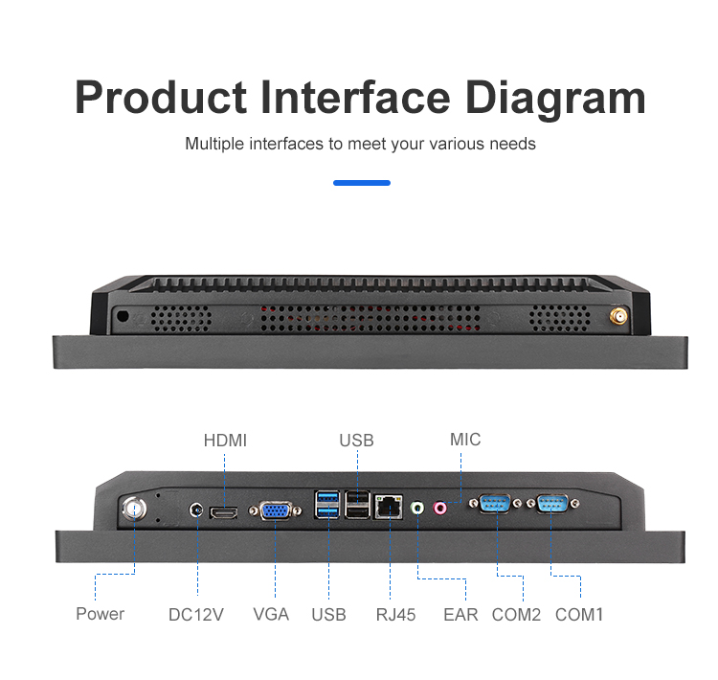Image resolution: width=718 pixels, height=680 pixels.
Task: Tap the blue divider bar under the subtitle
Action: (x=361, y=182)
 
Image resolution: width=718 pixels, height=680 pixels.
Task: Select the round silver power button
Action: (x=133, y=508)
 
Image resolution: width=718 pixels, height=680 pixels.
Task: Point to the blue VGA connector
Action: (x=276, y=512)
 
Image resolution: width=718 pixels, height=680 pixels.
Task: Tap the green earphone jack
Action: (x=417, y=507)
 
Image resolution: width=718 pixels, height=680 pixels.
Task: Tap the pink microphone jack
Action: (x=441, y=507)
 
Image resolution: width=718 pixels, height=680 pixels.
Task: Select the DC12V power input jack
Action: (x=198, y=510)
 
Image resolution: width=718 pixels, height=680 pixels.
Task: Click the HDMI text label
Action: (x=225, y=441)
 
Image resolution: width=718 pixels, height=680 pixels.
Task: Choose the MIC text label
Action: (x=465, y=440)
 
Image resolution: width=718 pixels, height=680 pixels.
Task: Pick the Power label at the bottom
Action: (x=101, y=613)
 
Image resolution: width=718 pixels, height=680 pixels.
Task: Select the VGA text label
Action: (x=271, y=614)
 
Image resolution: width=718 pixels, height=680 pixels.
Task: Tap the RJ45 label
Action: (x=395, y=614)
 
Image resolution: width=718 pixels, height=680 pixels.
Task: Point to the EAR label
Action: (x=460, y=614)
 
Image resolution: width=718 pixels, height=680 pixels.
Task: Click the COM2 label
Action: (x=516, y=614)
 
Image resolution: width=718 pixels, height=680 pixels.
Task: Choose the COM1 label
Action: (x=579, y=614)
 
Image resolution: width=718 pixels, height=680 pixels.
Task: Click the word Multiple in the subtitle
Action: (x=214, y=145)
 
